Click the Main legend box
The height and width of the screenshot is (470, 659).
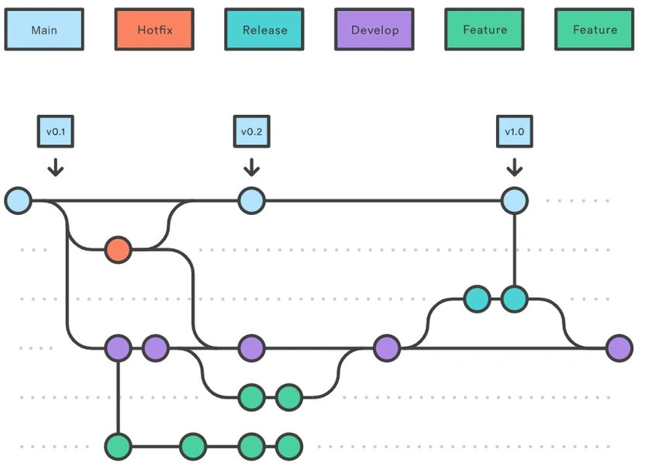click(x=44, y=29)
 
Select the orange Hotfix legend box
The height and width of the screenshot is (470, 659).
click(x=154, y=29)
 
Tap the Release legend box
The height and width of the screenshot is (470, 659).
click(x=264, y=29)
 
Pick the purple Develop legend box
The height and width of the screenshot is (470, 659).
click(x=374, y=29)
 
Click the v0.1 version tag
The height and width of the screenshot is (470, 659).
click(x=56, y=131)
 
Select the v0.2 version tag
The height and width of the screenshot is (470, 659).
click(x=252, y=131)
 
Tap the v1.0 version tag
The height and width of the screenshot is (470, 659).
click(x=515, y=131)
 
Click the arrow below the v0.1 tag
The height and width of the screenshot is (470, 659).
click(x=56, y=167)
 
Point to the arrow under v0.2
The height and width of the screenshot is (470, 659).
click(x=252, y=167)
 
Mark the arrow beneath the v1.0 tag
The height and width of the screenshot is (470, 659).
click(x=515, y=167)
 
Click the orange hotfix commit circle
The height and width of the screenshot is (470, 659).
click(x=118, y=250)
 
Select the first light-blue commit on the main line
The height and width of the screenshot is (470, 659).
click(x=18, y=201)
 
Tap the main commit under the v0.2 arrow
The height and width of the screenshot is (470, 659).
click(x=252, y=201)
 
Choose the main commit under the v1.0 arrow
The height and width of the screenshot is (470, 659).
click(x=515, y=201)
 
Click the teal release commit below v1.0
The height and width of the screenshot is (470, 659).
click(x=515, y=299)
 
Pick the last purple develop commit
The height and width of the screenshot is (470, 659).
click(x=619, y=348)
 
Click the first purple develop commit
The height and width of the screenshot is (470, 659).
click(x=118, y=348)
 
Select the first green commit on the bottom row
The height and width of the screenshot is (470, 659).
click(x=118, y=447)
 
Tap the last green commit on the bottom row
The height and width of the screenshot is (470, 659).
click(x=289, y=447)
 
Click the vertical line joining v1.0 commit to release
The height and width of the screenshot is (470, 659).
click(x=515, y=251)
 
